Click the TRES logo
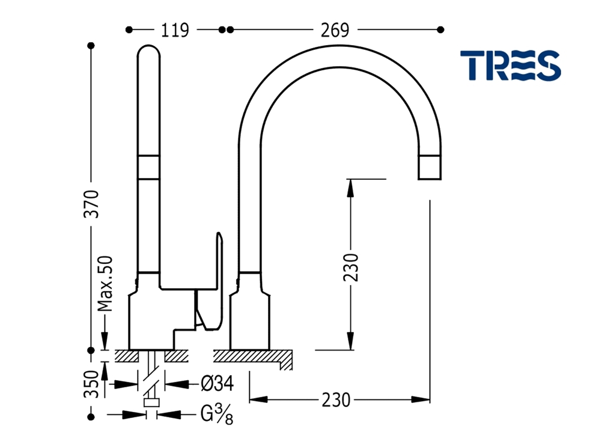click(x=510, y=66)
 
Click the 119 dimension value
click(x=175, y=30)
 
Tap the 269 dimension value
click(x=335, y=30)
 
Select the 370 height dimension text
click(x=91, y=204)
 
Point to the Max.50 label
click(x=105, y=284)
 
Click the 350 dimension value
click(x=91, y=384)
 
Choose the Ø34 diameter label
click(x=217, y=384)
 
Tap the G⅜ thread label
click(x=217, y=414)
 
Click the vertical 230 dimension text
click(x=351, y=268)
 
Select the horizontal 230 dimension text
click(x=336, y=400)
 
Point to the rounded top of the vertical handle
click(x=148, y=51)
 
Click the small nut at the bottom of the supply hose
click(x=151, y=402)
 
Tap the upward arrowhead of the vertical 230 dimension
click(x=351, y=187)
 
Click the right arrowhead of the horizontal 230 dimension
click(x=421, y=399)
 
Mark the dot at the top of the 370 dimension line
click(x=91, y=46)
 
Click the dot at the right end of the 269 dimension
click(x=440, y=29)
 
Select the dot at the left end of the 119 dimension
click(x=129, y=29)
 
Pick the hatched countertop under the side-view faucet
click(x=252, y=357)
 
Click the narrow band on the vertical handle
click(x=148, y=167)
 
